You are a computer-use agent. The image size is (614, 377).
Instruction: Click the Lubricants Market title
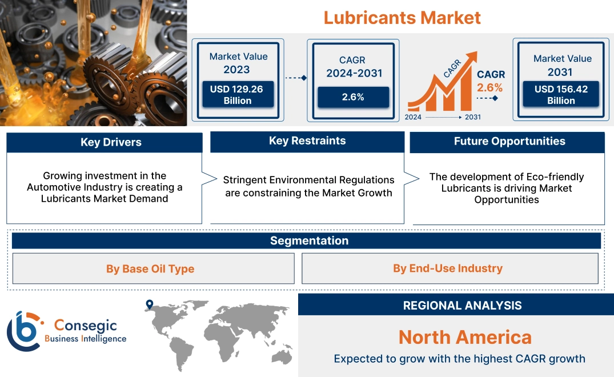402,17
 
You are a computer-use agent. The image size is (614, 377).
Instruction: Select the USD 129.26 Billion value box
237,94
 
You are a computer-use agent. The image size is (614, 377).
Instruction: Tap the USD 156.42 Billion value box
561,94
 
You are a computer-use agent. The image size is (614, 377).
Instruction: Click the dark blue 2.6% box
353,97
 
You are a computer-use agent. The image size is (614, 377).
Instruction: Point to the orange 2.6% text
490,87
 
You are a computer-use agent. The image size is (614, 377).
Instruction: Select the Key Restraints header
307,141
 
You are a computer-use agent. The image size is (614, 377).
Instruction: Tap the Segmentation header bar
309,240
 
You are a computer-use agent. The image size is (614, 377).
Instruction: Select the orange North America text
464,337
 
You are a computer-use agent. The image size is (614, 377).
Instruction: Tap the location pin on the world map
149,304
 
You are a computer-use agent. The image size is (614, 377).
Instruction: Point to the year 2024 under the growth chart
414,117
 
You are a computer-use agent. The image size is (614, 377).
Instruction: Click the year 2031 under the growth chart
472,117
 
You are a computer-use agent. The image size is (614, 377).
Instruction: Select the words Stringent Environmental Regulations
308,180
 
